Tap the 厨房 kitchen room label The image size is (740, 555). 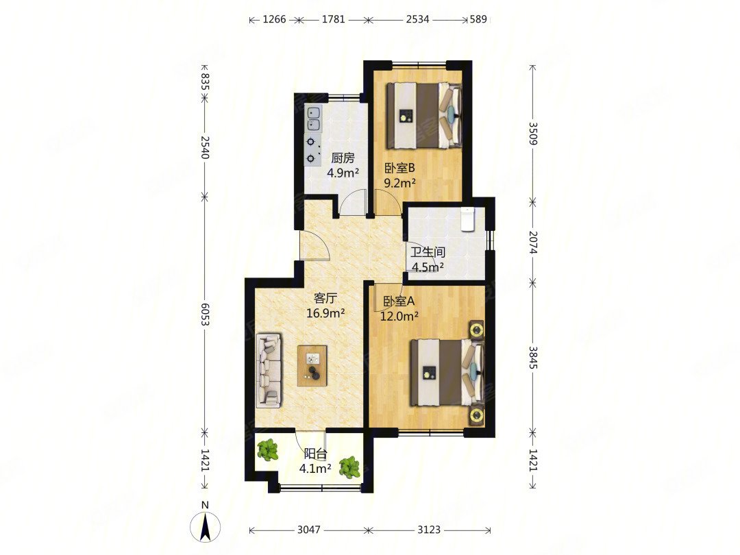(x=343, y=158)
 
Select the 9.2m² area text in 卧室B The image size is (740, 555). (x=399, y=183)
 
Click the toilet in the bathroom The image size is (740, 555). (x=468, y=219)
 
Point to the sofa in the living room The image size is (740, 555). (x=269, y=371)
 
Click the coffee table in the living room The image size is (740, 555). (x=312, y=366)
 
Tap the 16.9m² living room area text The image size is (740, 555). (x=325, y=313)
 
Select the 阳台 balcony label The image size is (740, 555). (x=315, y=454)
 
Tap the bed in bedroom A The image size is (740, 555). (x=447, y=373)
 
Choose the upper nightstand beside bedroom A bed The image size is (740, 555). (x=476, y=330)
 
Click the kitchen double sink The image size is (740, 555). (x=313, y=119)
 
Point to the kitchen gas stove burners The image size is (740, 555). (x=312, y=150)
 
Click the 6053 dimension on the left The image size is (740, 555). (x=204, y=314)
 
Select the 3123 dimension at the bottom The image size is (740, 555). (x=428, y=530)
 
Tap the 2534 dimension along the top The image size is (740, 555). (x=418, y=19)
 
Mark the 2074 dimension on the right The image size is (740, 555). (x=533, y=242)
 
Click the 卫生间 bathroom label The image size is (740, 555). (x=428, y=252)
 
